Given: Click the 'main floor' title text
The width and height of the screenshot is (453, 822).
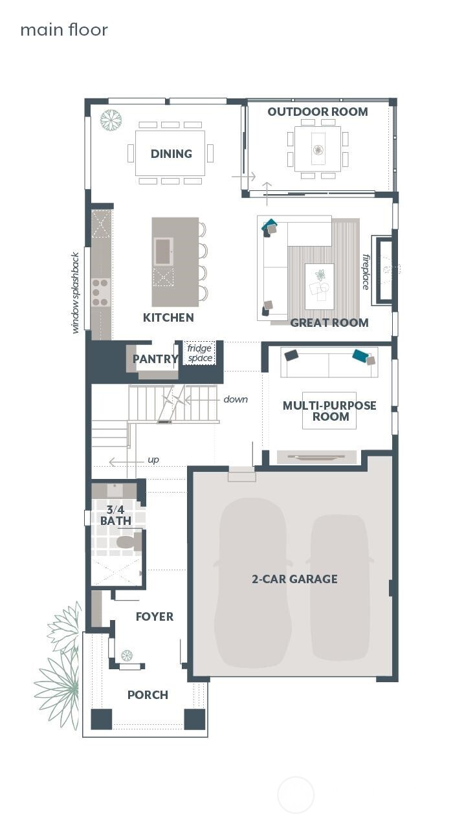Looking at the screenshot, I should click(63, 30).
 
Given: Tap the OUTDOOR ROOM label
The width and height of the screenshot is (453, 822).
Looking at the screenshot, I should click(317, 112).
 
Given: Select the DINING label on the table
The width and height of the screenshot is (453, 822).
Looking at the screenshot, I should click(171, 153).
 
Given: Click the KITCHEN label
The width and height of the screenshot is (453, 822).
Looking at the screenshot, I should click(168, 317).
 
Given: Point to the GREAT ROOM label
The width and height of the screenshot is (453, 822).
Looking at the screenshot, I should click(329, 322).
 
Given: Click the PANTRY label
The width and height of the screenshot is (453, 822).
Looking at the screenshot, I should click(155, 359).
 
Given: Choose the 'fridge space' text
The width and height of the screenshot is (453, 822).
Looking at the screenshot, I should click(199, 353).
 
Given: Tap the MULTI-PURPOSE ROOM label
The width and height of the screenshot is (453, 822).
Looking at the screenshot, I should click(329, 411).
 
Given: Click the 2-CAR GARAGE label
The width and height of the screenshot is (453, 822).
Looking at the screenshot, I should click(294, 579).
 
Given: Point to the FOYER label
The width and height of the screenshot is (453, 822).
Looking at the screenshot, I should click(154, 616).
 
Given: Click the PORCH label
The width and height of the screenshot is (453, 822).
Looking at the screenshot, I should click(148, 694).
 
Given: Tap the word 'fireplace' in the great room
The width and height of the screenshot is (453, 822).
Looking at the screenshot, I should click(366, 271).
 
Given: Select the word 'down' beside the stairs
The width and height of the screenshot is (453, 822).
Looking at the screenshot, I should click(236, 399).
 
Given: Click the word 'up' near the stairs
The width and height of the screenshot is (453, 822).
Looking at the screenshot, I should click(153, 460).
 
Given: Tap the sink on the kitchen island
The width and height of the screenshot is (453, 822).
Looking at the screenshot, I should click(162, 251).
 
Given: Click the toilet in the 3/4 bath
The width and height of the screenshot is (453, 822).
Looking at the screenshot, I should click(127, 542).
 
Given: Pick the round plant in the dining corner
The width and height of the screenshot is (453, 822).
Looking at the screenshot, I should click(111, 120).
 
